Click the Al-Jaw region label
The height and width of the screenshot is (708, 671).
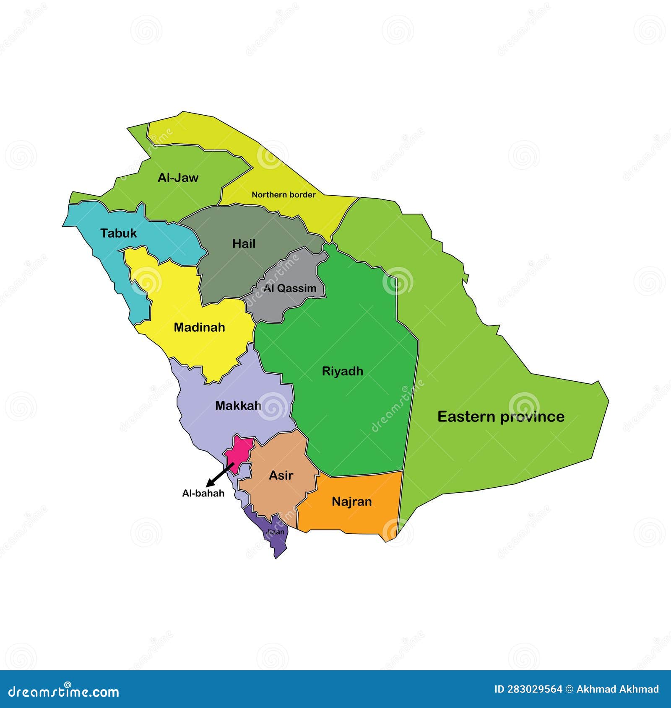178,178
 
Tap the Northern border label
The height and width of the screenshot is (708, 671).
283,195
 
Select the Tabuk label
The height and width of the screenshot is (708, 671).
119,233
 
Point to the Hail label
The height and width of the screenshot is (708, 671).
244,244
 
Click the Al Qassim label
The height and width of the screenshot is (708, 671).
290,288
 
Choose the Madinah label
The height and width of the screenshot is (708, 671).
199,327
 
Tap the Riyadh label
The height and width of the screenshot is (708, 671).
342,371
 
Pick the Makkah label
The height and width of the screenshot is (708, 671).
238,406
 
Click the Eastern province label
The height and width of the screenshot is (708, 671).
501,416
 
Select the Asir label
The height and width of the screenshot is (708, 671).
281,475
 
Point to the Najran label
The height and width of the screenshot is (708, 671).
351,501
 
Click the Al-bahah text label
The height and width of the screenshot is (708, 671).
203,493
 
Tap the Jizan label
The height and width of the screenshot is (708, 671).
276,532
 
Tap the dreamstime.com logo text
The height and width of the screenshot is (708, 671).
64,692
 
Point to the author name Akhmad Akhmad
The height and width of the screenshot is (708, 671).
617,689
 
